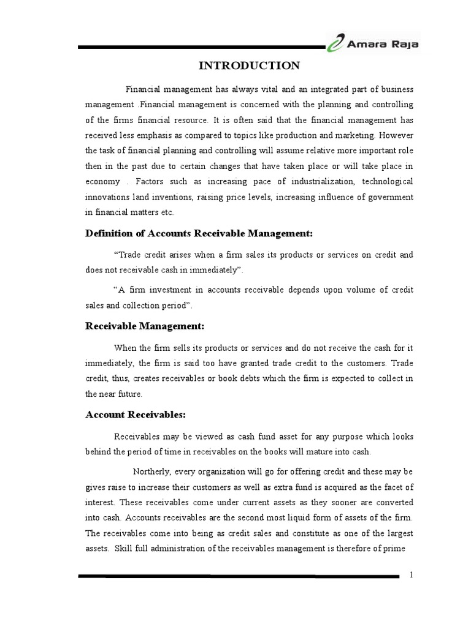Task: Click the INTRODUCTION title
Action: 248,66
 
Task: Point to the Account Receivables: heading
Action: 134,415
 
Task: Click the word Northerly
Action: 152,471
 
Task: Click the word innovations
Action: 105,197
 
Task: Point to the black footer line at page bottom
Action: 239,576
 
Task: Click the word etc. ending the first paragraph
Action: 166,212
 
